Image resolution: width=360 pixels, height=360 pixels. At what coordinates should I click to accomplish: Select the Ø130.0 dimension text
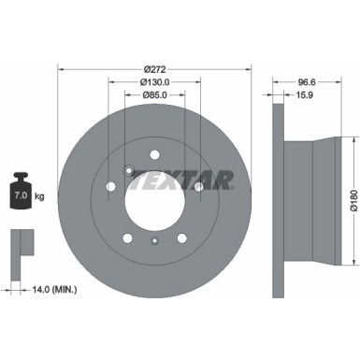[x=154, y=81]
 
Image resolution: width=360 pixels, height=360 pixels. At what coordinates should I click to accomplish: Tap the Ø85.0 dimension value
[x=154, y=94]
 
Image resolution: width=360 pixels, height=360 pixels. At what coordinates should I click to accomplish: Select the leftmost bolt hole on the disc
[x=111, y=188]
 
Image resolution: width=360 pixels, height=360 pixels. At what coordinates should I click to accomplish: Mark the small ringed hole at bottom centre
[x=154, y=242]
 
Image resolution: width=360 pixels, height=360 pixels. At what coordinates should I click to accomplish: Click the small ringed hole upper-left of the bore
[x=128, y=169]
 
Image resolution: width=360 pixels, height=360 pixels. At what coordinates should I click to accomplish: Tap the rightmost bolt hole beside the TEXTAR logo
[x=198, y=188]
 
